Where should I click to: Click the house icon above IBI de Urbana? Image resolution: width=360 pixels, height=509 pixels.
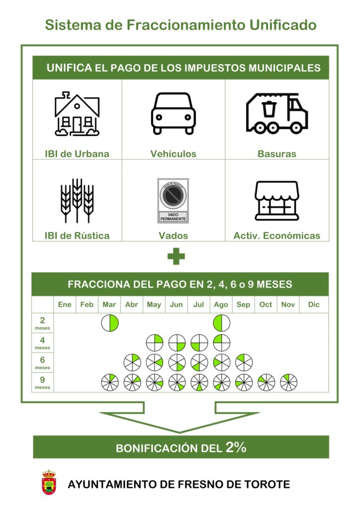[x=77, y=114]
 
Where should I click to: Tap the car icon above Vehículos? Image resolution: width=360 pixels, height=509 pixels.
[x=174, y=113]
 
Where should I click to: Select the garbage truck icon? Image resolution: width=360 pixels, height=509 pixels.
[x=277, y=113]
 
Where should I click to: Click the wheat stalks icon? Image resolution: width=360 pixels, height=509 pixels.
[x=77, y=200]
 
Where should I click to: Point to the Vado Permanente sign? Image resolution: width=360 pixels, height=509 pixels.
[x=173, y=201]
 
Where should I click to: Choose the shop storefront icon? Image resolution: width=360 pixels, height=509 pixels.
[x=277, y=201]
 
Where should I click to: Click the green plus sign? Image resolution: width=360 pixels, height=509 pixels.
[x=176, y=256]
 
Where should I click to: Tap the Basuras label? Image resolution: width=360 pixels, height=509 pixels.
[x=277, y=154]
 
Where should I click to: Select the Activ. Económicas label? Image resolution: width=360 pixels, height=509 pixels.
[x=277, y=236]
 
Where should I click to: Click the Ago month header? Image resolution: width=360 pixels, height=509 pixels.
[x=221, y=305]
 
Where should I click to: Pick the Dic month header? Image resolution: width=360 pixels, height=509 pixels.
[x=314, y=305]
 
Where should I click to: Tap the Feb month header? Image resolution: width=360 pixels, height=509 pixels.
[x=87, y=305]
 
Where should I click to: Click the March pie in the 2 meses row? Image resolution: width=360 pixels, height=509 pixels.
[x=110, y=323]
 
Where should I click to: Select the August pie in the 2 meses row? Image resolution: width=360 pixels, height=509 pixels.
[x=221, y=323]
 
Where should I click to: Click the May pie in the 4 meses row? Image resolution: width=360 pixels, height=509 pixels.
[x=155, y=343]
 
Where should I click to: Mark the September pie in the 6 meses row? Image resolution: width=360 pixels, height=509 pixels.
[x=244, y=362]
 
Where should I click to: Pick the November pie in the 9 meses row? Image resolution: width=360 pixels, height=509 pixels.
[x=288, y=382]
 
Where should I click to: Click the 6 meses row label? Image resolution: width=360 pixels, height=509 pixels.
[x=43, y=362]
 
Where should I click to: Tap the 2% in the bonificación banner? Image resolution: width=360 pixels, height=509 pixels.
[x=236, y=447]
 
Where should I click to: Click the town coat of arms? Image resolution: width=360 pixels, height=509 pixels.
[x=49, y=482]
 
